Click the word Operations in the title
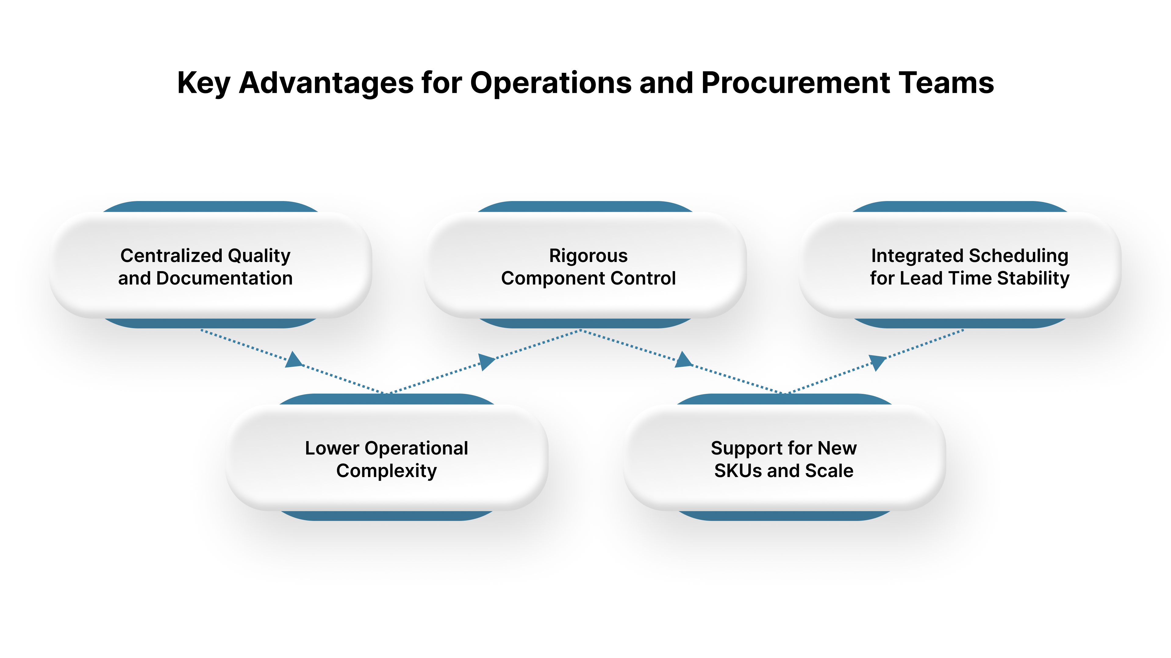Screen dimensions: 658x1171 point(550,83)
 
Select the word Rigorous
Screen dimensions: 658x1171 point(588,256)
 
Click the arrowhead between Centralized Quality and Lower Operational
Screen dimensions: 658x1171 point(294,360)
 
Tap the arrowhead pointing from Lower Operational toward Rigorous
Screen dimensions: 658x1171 point(486,362)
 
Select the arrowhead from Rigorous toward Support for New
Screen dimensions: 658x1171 point(683,360)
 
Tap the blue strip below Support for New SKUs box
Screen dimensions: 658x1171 point(784,515)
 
